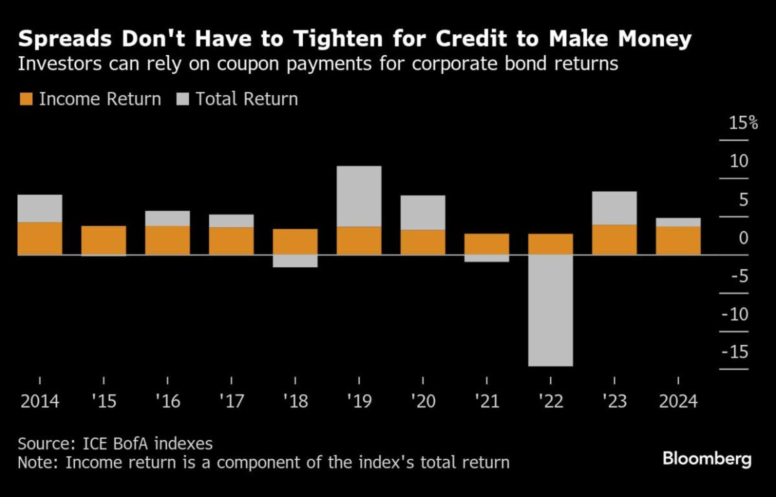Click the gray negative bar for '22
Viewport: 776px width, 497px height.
point(550,310)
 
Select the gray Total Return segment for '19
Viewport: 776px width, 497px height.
point(359,196)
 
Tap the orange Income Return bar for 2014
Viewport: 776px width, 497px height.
point(40,238)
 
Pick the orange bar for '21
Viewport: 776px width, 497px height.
point(486,244)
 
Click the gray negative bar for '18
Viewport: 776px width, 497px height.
point(295,261)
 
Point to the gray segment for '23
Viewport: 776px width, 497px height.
point(614,208)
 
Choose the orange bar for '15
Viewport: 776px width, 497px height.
point(104,240)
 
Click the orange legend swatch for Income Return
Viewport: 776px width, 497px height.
point(26,99)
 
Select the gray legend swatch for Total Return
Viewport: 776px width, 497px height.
point(183,99)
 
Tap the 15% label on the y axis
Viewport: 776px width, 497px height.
point(743,123)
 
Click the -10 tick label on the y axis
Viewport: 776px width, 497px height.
point(735,314)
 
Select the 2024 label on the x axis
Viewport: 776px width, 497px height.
point(678,401)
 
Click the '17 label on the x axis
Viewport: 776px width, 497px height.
point(232,401)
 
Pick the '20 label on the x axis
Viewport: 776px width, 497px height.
point(423,401)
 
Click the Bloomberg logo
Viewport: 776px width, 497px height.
point(707,459)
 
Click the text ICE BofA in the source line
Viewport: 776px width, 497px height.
point(115,444)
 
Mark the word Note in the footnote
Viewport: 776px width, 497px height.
point(37,462)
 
